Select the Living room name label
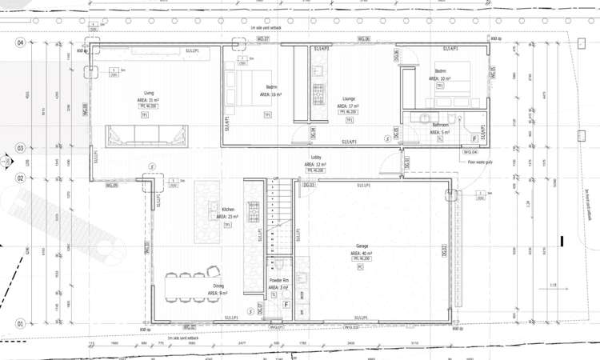(x=149, y=93)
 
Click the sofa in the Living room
(x=147, y=135)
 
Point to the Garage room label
(x=362, y=246)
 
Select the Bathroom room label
(x=441, y=126)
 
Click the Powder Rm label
(x=278, y=281)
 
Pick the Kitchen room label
(x=228, y=210)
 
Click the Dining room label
(x=218, y=286)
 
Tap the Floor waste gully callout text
(x=480, y=162)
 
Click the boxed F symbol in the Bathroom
(x=474, y=138)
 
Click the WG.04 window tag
(x=470, y=151)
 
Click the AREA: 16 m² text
(x=272, y=94)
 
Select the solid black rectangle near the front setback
(x=563, y=240)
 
